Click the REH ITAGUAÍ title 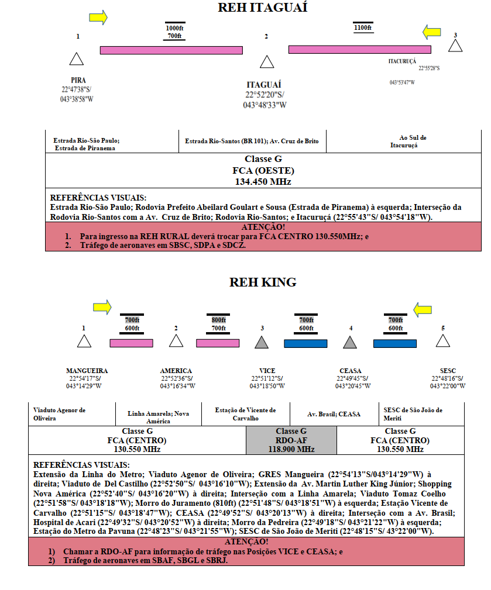tap(262, 8)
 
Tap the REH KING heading tap(263, 282)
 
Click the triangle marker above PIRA tap(77, 58)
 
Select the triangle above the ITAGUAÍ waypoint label tap(267, 62)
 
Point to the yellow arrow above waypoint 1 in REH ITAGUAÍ tap(98, 18)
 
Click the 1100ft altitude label tap(363, 28)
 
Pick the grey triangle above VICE tap(262, 342)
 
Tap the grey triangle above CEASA tap(350, 342)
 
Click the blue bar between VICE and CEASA tap(305, 343)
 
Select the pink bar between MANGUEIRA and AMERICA tap(132, 343)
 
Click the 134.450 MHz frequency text tap(263, 182)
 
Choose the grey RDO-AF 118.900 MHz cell tap(291, 440)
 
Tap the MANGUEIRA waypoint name tap(87, 371)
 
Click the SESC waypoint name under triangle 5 tap(448, 371)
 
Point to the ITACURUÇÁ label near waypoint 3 tap(402, 61)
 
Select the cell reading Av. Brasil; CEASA tap(334, 414)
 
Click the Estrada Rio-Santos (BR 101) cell tap(252, 141)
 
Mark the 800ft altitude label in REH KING tap(218, 320)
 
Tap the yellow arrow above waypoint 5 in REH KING tap(423, 310)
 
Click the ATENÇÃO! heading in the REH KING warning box tap(246, 541)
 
